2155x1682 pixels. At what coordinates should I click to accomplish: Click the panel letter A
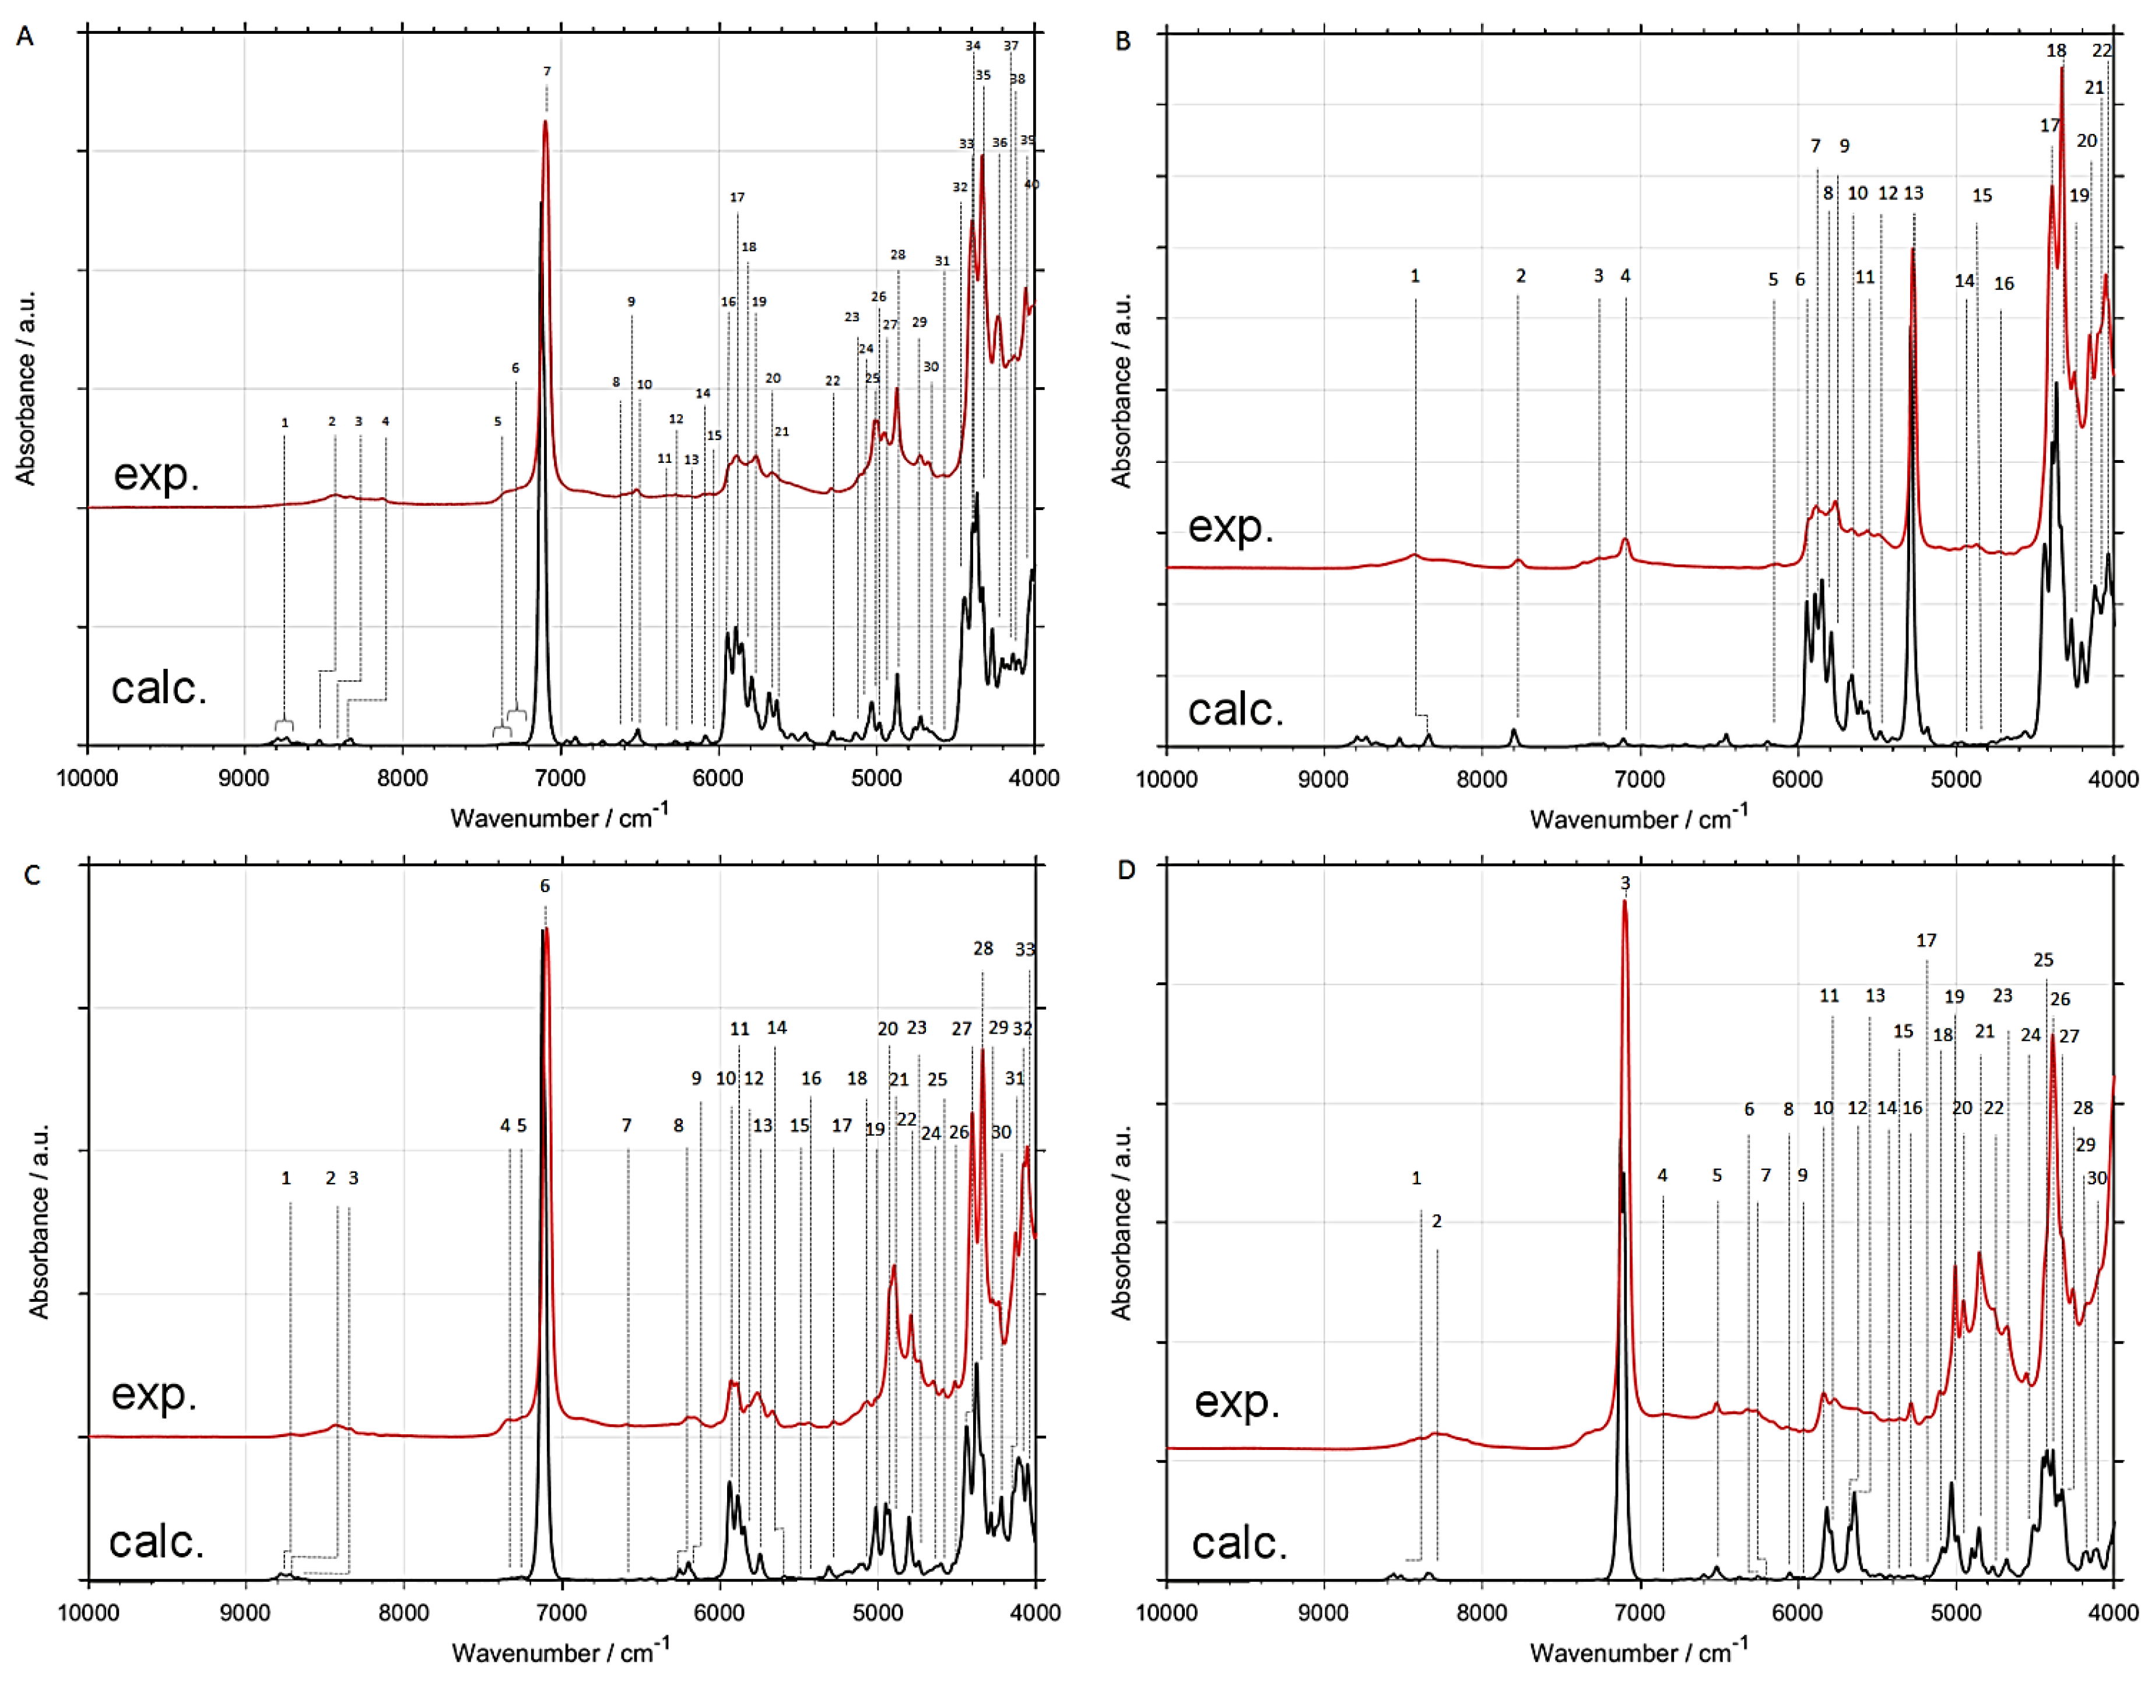pos(24,37)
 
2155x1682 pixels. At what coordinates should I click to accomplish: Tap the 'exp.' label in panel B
pos(1230,527)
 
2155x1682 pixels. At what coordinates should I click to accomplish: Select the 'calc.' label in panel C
pos(156,1541)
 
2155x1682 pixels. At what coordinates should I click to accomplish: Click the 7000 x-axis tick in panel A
pos(560,778)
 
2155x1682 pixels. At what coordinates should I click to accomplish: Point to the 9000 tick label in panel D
pos(1324,1613)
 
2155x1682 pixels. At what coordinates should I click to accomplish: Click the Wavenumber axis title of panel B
pos(1638,818)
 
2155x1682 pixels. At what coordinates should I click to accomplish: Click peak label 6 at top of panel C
pos(545,886)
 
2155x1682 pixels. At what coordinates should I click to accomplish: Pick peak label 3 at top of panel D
pos(1625,883)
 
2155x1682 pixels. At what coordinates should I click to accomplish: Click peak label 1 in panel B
pos(1415,276)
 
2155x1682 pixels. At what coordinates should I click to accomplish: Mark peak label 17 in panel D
pos(1926,941)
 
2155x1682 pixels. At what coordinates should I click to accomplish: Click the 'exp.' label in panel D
pos(1236,1401)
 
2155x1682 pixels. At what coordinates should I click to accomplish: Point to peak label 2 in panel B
pos(1521,276)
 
